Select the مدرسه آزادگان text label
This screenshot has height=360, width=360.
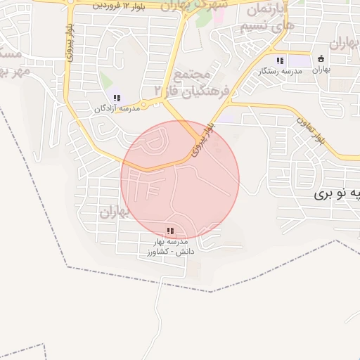click(x=118, y=109)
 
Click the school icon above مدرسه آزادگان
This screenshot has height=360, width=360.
click(x=117, y=98)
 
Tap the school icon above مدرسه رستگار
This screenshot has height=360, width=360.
click(x=281, y=60)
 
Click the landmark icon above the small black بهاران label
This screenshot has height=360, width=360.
click(x=321, y=58)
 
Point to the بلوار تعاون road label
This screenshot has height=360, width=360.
click(x=310, y=131)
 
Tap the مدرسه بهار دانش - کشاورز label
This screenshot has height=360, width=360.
click(x=169, y=247)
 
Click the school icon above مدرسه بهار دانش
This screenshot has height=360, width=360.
click(x=169, y=231)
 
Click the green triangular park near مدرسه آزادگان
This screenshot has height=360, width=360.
click(x=105, y=80)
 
